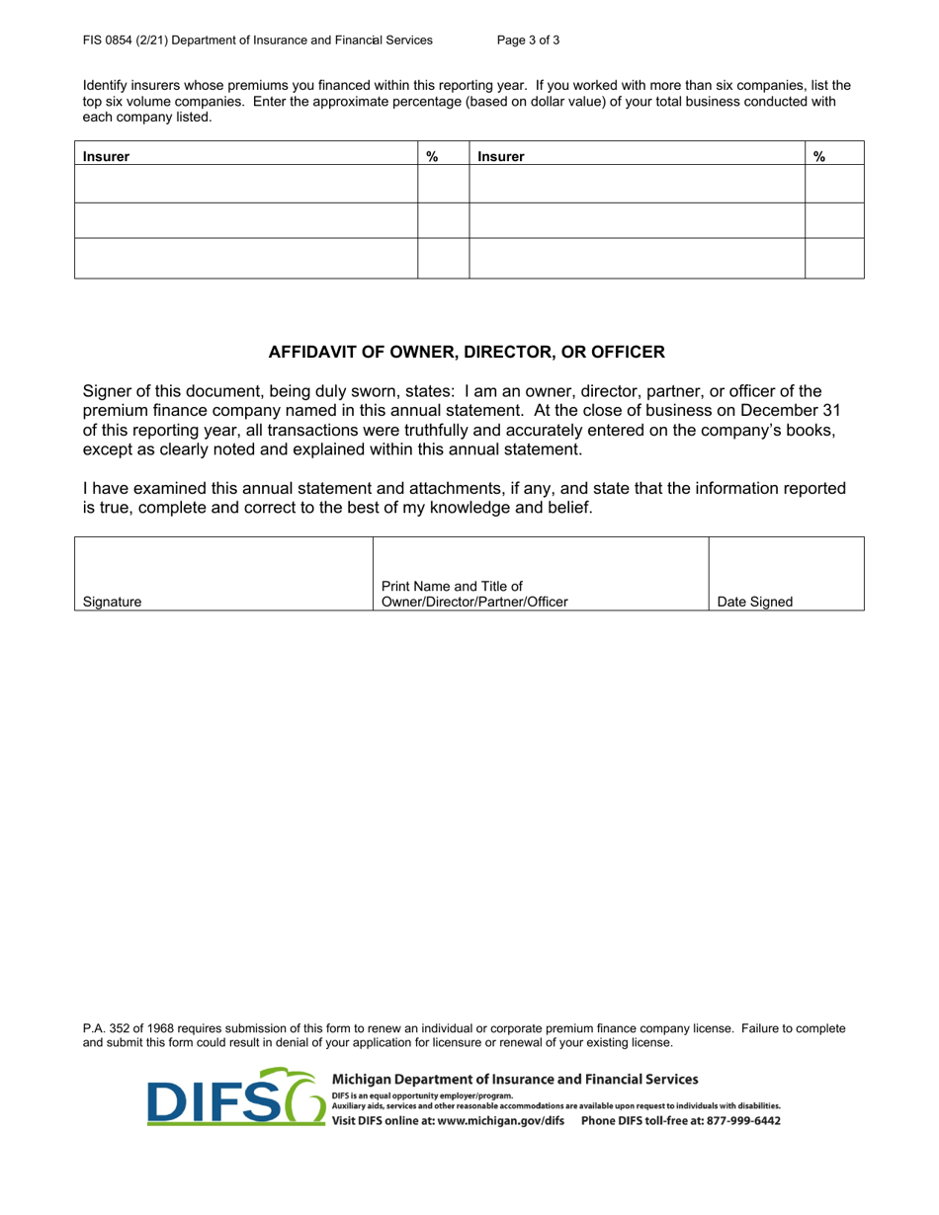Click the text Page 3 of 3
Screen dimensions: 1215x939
[x=529, y=40]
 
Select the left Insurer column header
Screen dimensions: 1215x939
[x=106, y=156]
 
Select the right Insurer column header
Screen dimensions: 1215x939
[x=501, y=156]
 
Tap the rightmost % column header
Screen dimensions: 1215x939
[x=819, y=156]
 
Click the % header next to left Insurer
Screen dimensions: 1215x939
[x=432, y=156]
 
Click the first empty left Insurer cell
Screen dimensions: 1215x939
[x=246, y=185]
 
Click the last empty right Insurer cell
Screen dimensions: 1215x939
[x=637, y=259]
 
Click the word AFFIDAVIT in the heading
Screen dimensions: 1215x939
[x=312, y=352]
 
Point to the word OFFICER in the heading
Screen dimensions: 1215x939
[x=630, y=352]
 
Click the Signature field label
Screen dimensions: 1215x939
[x=112, y=602]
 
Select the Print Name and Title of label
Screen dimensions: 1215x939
[x=452, y=587]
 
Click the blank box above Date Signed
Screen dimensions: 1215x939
[x=786, y=563]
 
